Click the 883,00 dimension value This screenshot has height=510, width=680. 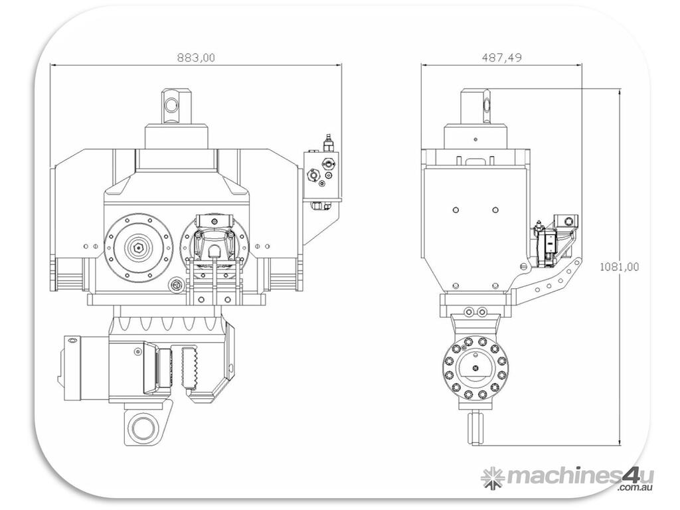(196, 58)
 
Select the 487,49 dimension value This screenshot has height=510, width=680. (501, 58)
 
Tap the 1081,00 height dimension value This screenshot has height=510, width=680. (619, 267)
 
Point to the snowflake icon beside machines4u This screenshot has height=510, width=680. (492, 477)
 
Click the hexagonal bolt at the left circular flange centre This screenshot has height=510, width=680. (138, 247)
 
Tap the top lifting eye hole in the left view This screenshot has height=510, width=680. (172, 104)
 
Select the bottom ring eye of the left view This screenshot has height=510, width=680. (141, 427)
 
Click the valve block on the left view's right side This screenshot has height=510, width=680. (321, 176)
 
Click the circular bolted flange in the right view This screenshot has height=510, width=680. (475, 371)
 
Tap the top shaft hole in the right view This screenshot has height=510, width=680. (487, 104)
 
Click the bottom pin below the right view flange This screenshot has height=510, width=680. (475, 428)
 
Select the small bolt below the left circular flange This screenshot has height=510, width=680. (176, 286)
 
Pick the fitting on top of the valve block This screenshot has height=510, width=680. (326, 142)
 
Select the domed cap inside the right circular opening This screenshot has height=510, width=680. (214, 248)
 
